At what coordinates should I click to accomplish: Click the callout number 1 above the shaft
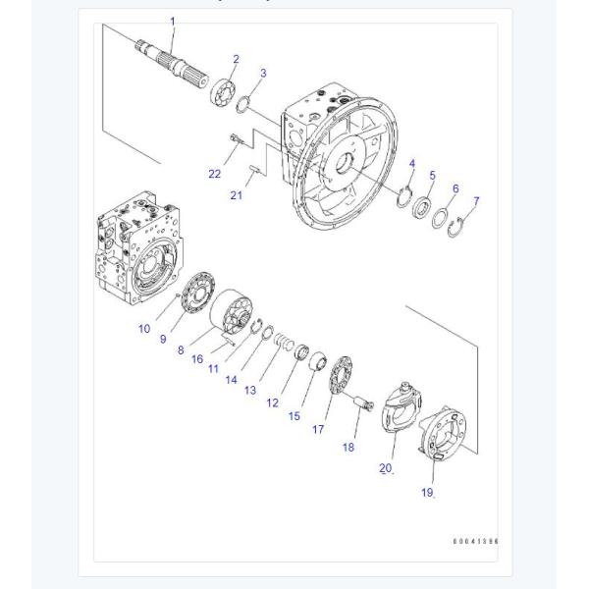click(x=172, y=21)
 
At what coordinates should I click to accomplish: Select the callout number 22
click(x=214, y=174)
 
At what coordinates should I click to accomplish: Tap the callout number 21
click(x=237, y=195)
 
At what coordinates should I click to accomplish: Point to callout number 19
click(x=427, y=493)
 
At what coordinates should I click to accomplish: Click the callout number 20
click(x=386, y=468)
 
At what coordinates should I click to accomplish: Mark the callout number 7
click(x=476, y=201)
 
